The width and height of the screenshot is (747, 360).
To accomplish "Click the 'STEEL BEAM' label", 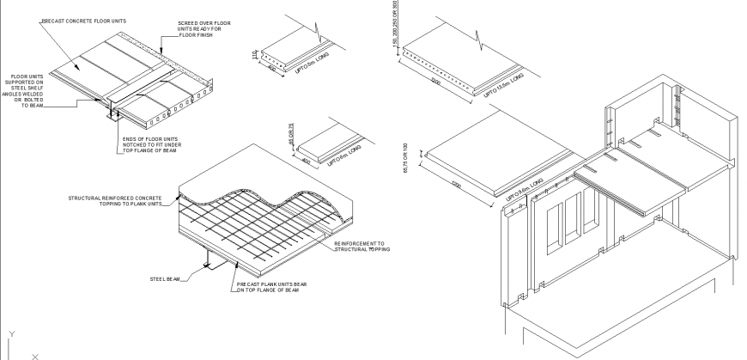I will click(x=165, y=278).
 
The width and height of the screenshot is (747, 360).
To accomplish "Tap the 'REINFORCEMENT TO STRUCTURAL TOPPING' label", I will click(x=361, y=247).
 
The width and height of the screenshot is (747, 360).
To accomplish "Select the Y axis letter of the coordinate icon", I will click(x=10, y=333).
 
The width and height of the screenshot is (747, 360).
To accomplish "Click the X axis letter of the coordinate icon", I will click(x=35, y=355).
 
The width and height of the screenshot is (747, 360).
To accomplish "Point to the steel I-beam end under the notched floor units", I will click(x=110, y=112).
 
